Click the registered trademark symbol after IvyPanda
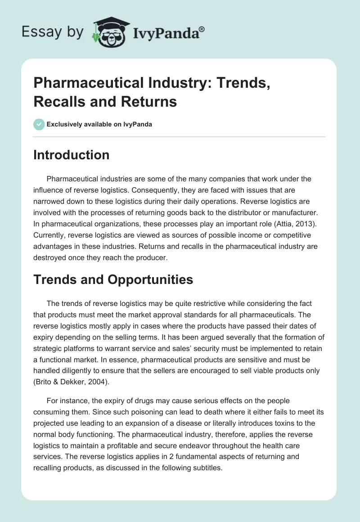[x=202, y=29]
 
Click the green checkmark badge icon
[x=39, y=124]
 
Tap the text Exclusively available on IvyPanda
[x=99, y=125]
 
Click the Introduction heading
[x=72, y=155]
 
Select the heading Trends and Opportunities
[x=113, y=279]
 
